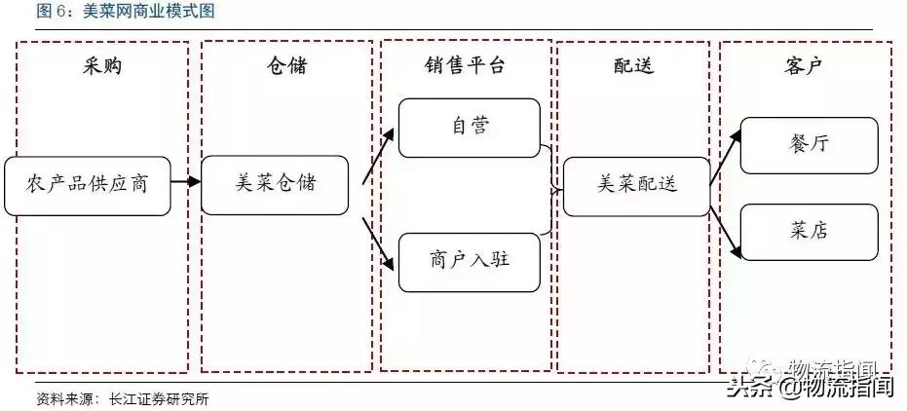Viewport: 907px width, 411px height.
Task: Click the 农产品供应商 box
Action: (87, 183)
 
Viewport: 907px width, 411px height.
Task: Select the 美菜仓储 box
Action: (275, 183)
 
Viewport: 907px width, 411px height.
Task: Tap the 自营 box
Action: (470, 127)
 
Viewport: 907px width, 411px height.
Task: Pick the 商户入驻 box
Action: (470, 261)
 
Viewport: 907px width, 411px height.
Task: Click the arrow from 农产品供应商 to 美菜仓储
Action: (185, 182)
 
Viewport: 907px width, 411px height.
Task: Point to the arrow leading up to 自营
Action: (379, 156)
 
